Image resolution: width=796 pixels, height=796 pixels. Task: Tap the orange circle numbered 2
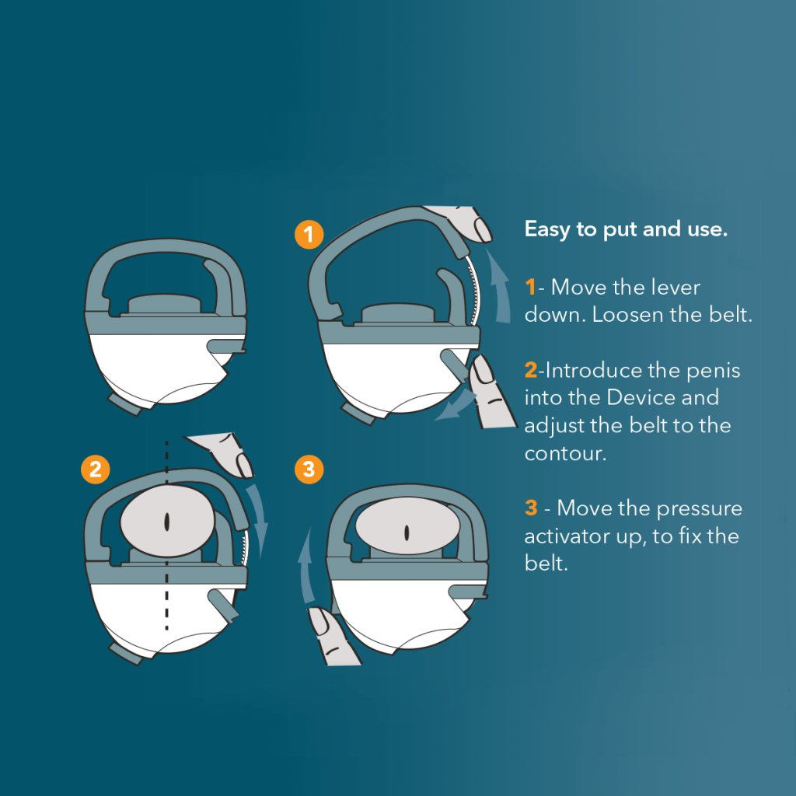pos(95,469)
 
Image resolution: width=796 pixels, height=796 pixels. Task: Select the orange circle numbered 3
pos(309,469)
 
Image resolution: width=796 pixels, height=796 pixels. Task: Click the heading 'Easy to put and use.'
pos(626,229)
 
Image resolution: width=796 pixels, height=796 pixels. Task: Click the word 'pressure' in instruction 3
pos(700,508)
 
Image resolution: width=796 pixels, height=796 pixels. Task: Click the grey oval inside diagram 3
pos(406,531)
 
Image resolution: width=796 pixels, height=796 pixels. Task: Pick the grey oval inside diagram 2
pos(167,522)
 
